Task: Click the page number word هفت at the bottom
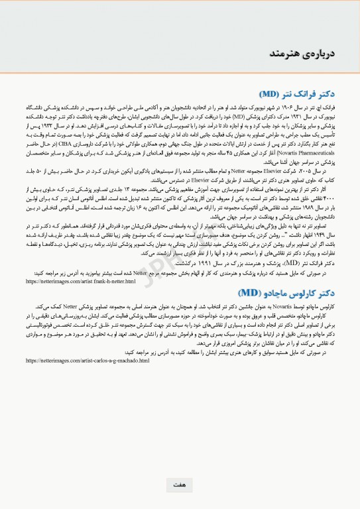[179, 485]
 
